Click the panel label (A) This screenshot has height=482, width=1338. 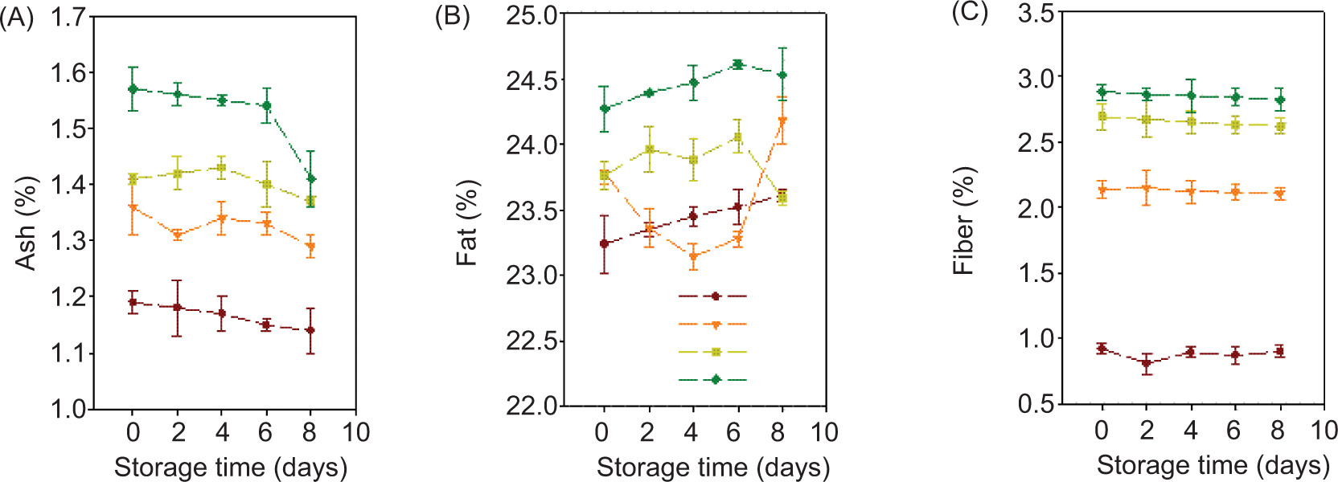(x=17, y=18)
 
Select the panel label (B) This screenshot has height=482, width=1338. (x=452, y=16)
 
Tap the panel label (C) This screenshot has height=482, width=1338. (x=970, y=13)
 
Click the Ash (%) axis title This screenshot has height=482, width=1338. (x=27, y=223)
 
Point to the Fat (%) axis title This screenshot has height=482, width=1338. (x=467, y=223)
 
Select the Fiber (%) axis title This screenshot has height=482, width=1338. (x=963, y=221)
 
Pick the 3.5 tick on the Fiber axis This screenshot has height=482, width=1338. (x=1036, y=14)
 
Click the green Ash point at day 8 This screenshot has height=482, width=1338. (x=310, y=178)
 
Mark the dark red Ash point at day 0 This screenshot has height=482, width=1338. (x=133, y=303)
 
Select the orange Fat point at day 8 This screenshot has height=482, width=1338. (x=782, y=121)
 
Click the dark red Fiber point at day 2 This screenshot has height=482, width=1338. (x=1147, y=364)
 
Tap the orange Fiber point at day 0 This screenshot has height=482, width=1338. (x=1102, y=190)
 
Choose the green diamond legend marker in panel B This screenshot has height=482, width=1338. (x=715, y=379)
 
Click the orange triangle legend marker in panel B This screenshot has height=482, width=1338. (x=715, y=325)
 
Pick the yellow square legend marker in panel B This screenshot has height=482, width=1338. (x=715, y=352)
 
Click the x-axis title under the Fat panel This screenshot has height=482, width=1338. (x=712, y=468)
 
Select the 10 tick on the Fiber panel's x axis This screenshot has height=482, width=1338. (x=1324, y=431)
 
